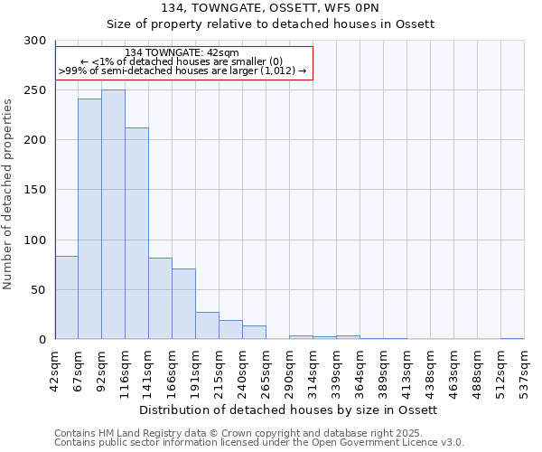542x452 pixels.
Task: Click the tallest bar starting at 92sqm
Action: pos(113,215)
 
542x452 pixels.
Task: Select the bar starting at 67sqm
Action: pos(89,220)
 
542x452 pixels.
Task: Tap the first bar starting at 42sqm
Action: pos(66,298)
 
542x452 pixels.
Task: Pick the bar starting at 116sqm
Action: pos(136,234)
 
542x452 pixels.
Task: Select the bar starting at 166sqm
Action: pos(183,305)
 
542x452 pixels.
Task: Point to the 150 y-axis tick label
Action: pos(35,190)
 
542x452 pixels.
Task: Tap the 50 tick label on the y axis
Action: pos(38,290)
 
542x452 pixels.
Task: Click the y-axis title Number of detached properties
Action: pos(8,194)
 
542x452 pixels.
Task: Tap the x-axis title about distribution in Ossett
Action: pos(289,410)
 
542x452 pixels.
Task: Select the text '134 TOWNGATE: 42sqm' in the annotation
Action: pos(182,52)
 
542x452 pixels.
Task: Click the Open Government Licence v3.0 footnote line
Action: pos(259,443)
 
